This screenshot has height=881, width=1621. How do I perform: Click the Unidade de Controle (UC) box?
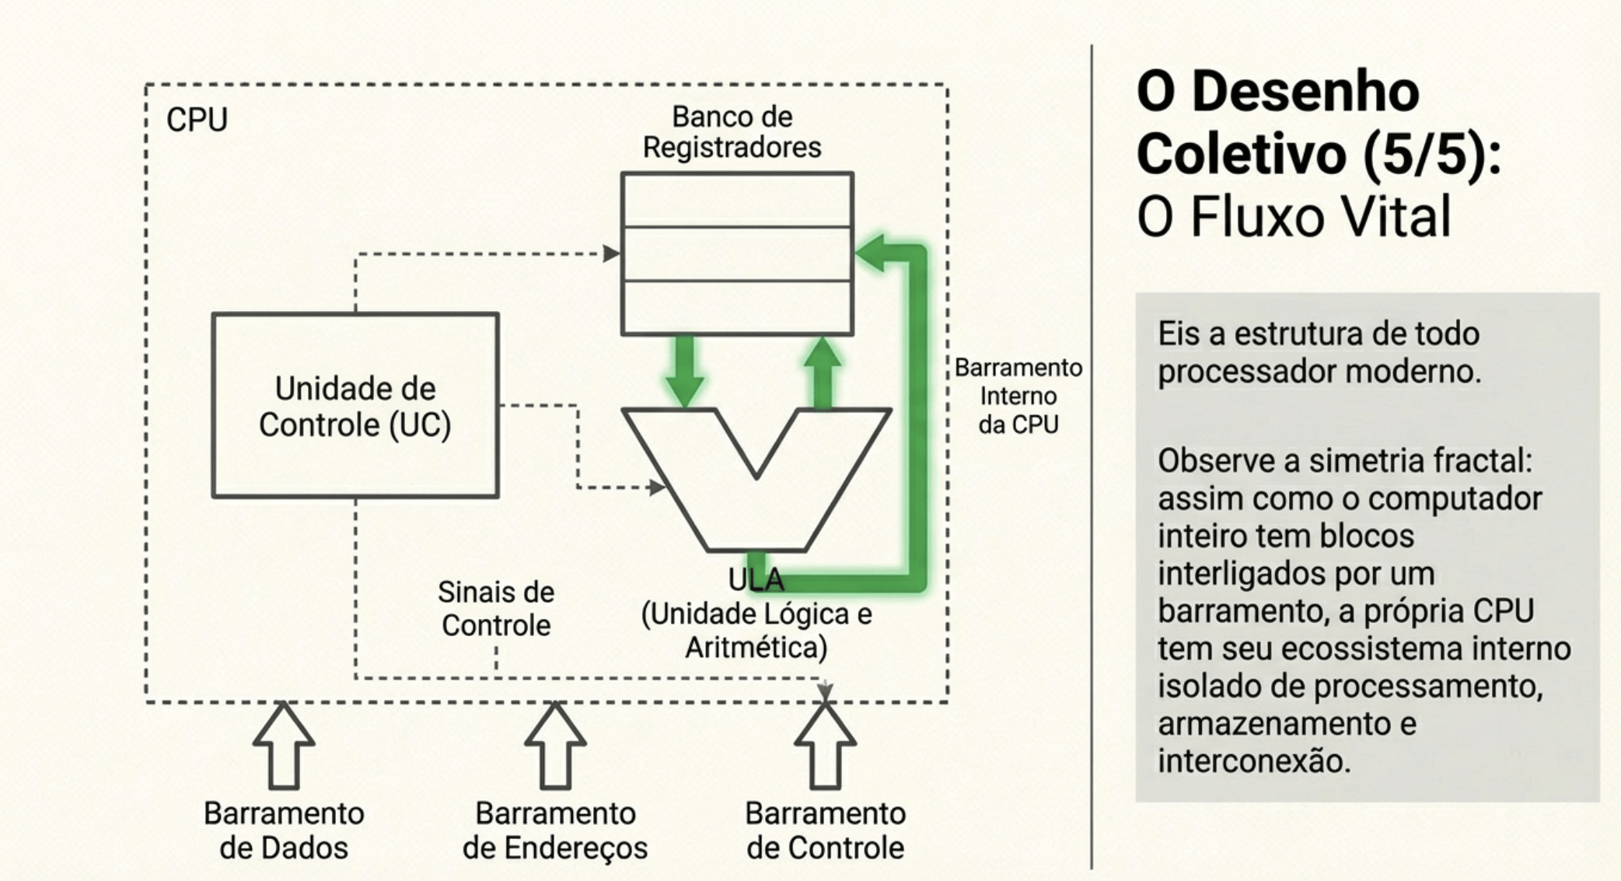point(355,405)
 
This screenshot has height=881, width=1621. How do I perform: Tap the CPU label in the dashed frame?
point(197,120)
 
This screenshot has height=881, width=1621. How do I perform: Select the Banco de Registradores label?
point(732,132)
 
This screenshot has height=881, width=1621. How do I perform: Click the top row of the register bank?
point(737,200)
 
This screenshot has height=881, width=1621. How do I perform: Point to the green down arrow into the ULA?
point(684,372)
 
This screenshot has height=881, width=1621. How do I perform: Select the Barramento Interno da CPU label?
point(1018,396)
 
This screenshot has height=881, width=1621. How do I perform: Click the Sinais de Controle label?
point(496,609)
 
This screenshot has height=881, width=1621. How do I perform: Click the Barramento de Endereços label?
point(555,830)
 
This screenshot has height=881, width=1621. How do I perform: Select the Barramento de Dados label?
point(284,830)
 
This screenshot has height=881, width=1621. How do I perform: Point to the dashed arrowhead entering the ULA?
point(658,488)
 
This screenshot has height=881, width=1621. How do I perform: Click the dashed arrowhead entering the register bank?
point(611,253)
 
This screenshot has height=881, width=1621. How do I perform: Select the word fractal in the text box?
point(1482,460)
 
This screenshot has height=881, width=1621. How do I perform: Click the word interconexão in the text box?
point(1253,760)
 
